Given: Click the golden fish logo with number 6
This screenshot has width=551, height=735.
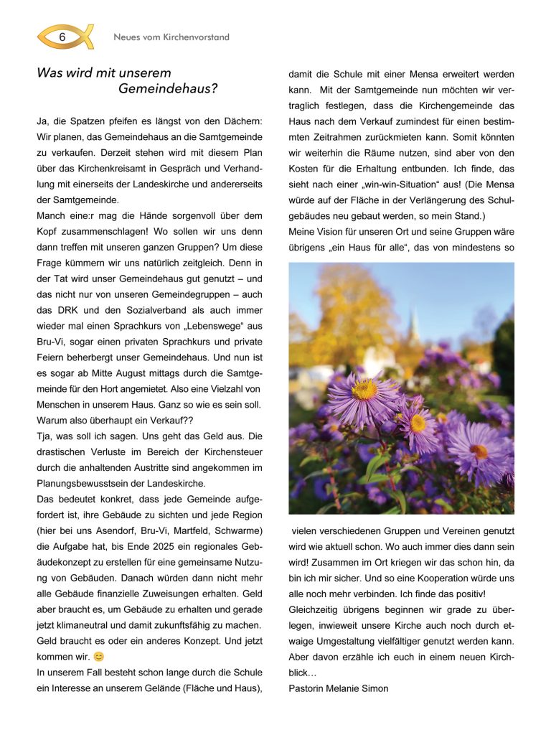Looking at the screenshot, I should [x=65, y=37].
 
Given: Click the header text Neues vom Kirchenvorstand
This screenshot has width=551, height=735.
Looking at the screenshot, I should [x=171, y=37].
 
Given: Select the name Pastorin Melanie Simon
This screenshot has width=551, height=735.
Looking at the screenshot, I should [x=338, y=688].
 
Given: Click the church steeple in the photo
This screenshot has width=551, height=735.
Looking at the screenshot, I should [x=414, y=327].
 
